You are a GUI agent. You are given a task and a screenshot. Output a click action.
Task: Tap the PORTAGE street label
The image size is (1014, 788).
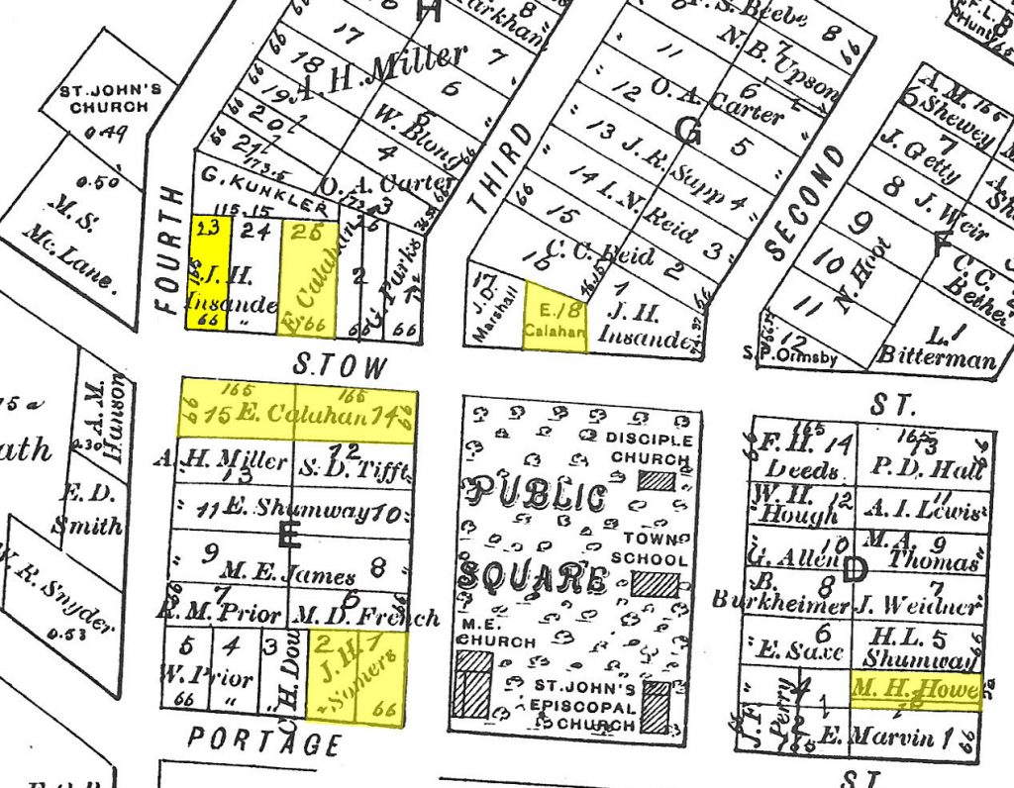264,740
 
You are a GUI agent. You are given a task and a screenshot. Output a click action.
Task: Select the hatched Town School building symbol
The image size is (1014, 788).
656,583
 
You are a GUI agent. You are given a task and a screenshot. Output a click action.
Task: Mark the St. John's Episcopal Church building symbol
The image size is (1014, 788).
655,707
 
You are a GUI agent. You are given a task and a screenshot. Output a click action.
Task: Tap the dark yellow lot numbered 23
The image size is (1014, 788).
208,272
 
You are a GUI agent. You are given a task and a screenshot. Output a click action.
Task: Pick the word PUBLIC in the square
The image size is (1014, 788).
539,496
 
